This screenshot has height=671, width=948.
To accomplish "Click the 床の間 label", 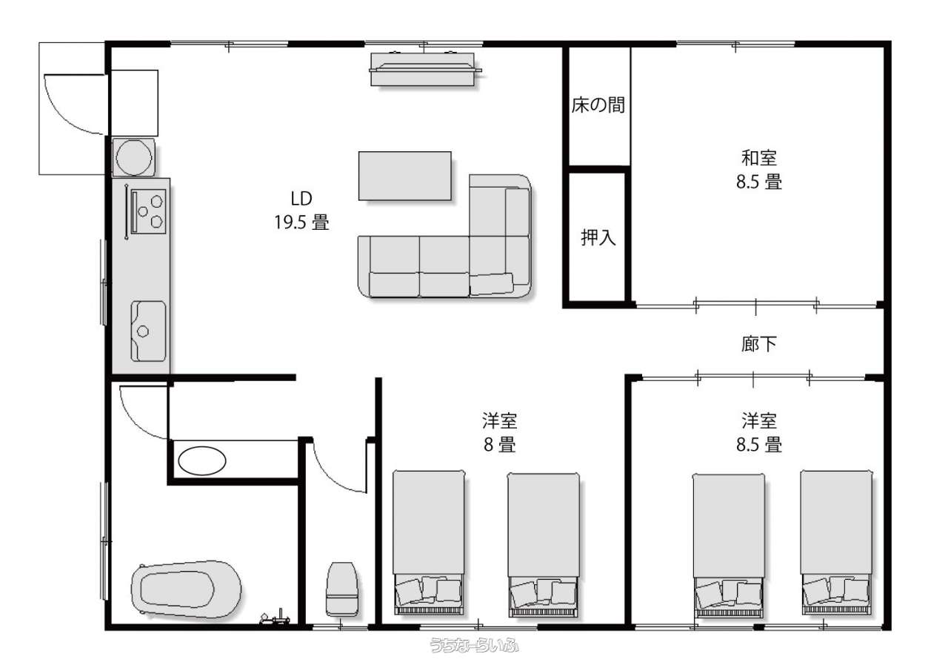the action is (x=598, y=105).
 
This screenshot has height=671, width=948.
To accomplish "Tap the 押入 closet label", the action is (x=598, y=237).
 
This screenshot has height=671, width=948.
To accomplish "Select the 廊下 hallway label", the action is (x=759, y=344).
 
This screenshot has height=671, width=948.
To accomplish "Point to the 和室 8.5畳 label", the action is (x=759, y=170).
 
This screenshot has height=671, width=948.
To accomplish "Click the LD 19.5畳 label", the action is (x=301, y=211).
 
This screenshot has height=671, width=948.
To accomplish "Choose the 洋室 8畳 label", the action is (x=499, y=432).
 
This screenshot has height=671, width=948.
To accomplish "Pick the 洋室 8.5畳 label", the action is (x=759, y=432).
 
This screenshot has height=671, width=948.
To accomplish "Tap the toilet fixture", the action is (x=342, y=589).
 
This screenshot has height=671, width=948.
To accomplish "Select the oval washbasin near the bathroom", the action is (x=202, y=461).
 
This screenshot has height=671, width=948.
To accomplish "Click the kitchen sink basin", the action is (x=148, y=331).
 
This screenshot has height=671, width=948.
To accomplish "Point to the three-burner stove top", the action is (x=148, y=211).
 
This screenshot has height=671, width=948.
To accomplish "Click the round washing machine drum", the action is (x=134, y=158).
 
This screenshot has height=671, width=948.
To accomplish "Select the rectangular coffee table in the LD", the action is (x=405, y=176).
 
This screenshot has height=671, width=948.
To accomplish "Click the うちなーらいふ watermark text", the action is (x=474, y=645).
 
